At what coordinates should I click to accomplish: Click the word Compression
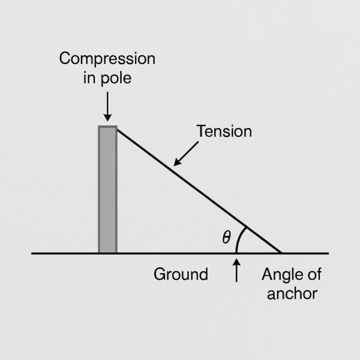(107, 59)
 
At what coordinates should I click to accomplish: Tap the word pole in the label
(116, 79)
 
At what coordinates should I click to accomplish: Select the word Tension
(224, 131)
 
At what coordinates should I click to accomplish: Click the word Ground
(181, 274)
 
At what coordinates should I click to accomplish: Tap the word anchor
(292, 293)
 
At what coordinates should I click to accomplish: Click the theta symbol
(226, 237)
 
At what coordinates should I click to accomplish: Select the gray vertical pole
(107, 190)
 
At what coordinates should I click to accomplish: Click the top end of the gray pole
(107, 126)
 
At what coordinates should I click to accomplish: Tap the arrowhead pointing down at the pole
(107, 118)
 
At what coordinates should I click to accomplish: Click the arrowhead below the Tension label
(177, 163)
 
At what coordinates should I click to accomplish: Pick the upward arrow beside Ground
(236, 270)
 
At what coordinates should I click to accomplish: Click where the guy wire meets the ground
(281, 253)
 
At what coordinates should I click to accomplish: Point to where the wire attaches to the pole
(118, 130)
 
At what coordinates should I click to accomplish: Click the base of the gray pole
(107, 253)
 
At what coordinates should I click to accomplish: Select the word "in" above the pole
(89, 78)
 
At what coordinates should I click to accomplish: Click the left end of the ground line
(32, 253)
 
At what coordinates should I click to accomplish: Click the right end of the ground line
(329, 253)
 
